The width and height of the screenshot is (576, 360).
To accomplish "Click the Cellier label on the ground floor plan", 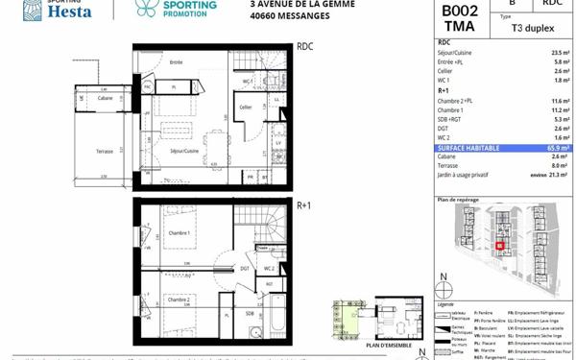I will click(x=246, y=107).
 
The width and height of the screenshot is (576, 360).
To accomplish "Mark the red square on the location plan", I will click(x=500, y=245).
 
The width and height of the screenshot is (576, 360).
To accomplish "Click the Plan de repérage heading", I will click(x=457, y=199).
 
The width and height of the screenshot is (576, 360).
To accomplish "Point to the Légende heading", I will click(x=447, y=301).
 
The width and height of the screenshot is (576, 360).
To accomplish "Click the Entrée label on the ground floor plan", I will click(x=176, y=62).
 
